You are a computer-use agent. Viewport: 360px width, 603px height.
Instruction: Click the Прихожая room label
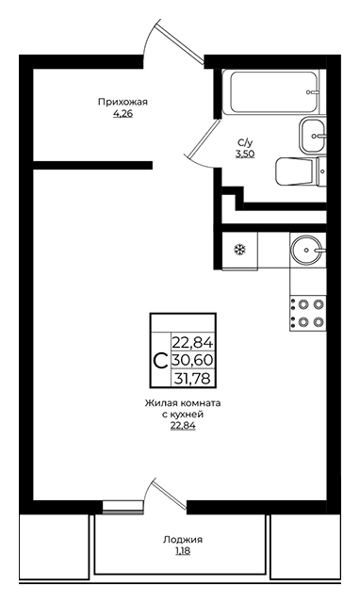[x=123, y=102]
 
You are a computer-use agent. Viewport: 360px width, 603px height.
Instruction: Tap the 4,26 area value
[x=123, y=114]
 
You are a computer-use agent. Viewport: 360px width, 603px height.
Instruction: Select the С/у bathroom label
[x=245, y=143]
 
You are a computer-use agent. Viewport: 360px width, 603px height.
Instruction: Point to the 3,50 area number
[x=245, y=155]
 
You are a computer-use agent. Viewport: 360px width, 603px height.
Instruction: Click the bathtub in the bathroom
[x=274, y=92]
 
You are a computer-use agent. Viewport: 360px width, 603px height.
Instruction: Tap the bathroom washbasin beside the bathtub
[x=312, y=136]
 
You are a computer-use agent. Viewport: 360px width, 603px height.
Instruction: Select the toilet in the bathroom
[x=301, y=171]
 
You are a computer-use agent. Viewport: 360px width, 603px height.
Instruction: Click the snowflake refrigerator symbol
[x=240, y=251]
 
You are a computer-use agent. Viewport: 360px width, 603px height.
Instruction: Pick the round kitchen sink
[x=306, y=250]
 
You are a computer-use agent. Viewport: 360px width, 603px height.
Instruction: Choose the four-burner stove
[x=307, y=313]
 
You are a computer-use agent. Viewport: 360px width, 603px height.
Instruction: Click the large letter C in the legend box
[x=159, y=361]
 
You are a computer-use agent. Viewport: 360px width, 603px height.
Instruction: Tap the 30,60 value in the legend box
[x=192, y=360]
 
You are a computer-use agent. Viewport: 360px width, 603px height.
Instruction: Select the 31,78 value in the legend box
[x=192, y=379]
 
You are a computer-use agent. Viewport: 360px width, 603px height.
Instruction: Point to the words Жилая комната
[x=183, y=403]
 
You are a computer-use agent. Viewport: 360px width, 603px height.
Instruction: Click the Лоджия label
[x=183, y=540]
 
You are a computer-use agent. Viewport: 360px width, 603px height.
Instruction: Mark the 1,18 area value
[x=183, y=551]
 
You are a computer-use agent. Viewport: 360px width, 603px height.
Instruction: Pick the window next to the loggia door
[x=123, y=507]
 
